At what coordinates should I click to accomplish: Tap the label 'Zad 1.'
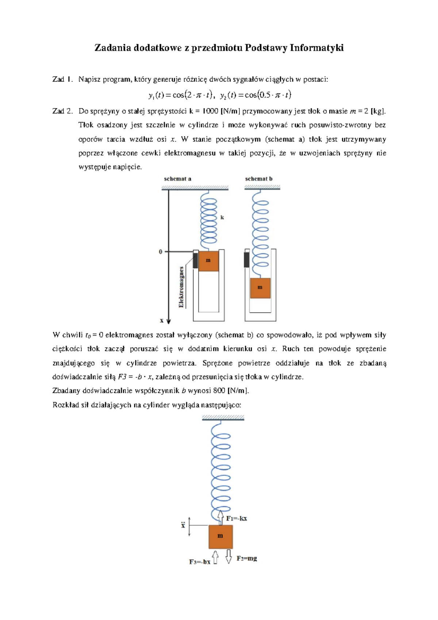pyautogui.click(x=62, y=79)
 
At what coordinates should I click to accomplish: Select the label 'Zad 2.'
pyautogui.click(x=62, y=111)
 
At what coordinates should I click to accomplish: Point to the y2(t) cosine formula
pyautogui.click(x=255, y=95)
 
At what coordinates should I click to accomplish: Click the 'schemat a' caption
pyautogui.click(x=177, y=179)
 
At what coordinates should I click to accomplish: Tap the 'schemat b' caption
pyautogui.click(x=258, y=179)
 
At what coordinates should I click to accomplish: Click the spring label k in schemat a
pyautogui.click(x=222, y=217)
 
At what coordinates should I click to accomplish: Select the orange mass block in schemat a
pyautogui.click(x=208, y=260)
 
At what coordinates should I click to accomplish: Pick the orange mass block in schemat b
pyautogui.click(x=260, y=288)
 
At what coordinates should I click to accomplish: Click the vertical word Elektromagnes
pyautogui.click(x=181, y=287)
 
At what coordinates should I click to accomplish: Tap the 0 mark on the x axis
pyautogui.click(x=160, y=252)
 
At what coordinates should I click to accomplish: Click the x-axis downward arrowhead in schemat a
pyautogui.click(x=169, y=321)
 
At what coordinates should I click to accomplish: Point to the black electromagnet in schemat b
pyautogui.click(x=247, y=260)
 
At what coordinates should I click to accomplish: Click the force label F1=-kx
pyautogui.click(x=237, y=518)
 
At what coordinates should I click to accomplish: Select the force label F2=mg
pyautogui.click(x=247, y=558)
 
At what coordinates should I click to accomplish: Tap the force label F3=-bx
pyautogui.click(x=200, y=562)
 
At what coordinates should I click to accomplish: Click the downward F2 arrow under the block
pyautogui.click(x=229, y=556)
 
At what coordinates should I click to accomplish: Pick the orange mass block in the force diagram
pyautogui.click(x=220, y=536)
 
